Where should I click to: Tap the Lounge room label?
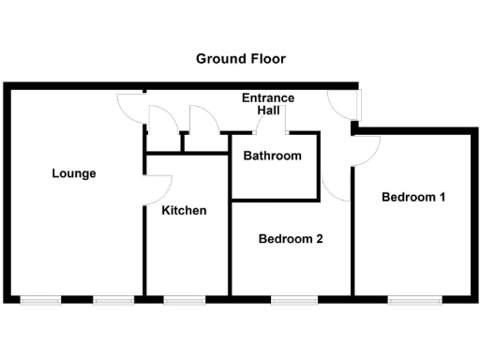pyautogui.click(x=74, y=173)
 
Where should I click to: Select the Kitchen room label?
pyautogui.click(x=184, y=211)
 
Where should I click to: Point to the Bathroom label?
pyautogui.click(x=272, y=156)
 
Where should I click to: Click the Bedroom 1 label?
pyautogui.click(x=412, y=198)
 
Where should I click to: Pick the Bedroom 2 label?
pyautogui.click(x=291, y=239)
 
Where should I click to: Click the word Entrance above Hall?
pyautogui.click(x=268, y=98)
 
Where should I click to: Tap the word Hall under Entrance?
pyautogui.click(x=268, y=112)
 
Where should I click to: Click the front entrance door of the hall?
pyautogui.click(x=343, y=106)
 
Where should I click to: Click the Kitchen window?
pyautogui.click(x=185, y=300)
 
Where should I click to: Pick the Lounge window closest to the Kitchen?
pyautogui.click(x=113, y=300)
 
